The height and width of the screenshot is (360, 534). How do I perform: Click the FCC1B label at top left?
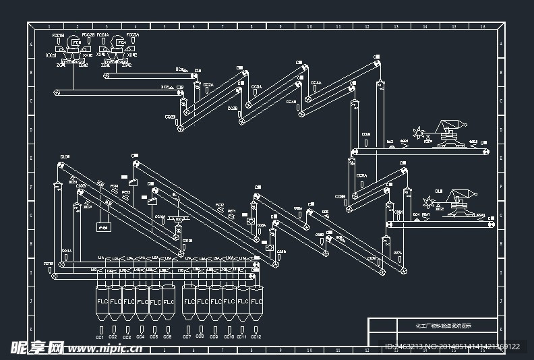[58, 35]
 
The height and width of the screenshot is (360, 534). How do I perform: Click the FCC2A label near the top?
[132, 35]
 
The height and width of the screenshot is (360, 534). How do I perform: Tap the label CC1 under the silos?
[100, 336]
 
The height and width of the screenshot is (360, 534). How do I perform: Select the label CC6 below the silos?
[167, 336]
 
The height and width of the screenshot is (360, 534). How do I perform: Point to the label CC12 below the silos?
[256, 336]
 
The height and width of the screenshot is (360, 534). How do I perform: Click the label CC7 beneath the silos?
[187, 336]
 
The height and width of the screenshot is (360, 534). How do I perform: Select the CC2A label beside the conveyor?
[208, 85]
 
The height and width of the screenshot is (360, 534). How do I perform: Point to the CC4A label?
[316, 84]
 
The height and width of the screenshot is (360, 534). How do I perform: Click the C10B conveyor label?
[81, 185]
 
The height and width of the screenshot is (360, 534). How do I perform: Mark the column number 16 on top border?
[483, 27]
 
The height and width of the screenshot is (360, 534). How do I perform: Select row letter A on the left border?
[30, 44]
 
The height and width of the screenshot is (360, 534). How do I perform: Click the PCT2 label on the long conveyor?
[220, 205]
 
